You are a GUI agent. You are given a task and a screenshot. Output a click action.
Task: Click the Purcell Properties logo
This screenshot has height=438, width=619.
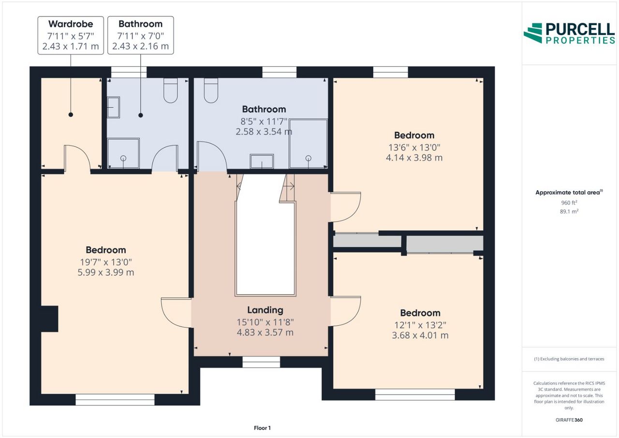pos(569,33)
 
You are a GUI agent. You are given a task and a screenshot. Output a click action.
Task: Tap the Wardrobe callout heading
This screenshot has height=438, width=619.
pos(71,24)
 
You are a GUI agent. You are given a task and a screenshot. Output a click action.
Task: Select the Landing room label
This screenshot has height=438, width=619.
pos(265,310)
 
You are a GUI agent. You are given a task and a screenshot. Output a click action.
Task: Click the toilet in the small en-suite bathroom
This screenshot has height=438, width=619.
pos(171,91)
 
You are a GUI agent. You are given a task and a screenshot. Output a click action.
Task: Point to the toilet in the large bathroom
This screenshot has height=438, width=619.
pos(211,91)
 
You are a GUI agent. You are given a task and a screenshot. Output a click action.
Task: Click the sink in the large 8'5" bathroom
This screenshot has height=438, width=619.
pos(262,161)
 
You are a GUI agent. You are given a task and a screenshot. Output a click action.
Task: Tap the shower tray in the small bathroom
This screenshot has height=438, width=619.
pos(123,153)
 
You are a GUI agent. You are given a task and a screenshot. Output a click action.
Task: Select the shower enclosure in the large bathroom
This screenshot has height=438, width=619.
pos(308,144)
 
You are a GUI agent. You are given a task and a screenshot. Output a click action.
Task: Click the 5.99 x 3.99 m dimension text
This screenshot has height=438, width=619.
pos(106,272)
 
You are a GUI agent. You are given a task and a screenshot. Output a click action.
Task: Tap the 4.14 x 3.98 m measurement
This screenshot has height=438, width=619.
pos(414,158)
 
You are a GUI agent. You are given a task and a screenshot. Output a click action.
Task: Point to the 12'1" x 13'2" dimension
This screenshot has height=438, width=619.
pos(420,325)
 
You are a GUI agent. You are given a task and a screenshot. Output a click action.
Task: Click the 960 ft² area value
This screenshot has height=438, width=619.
pos(569,202)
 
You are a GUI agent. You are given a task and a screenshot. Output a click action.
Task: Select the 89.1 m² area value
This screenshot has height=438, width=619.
pos(569,211)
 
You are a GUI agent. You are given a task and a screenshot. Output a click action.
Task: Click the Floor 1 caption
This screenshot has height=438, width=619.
pos(262,428)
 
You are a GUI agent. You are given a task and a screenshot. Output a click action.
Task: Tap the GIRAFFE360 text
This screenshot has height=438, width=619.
pos(569,420)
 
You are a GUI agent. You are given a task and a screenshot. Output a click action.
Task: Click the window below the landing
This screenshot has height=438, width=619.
pos(261,362)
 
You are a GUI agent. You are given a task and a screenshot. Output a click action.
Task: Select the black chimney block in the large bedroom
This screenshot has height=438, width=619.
pos(50,318)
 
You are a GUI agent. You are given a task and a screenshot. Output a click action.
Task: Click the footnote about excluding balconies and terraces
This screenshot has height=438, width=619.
pos(569,359)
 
